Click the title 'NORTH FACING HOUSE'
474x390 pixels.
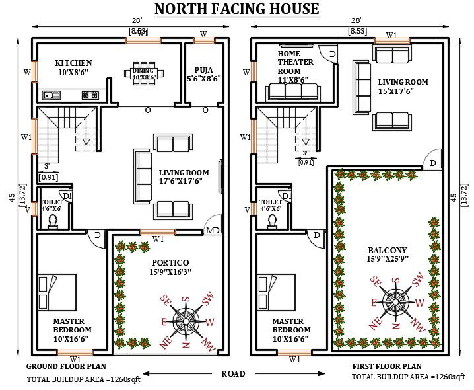tap(236, 9)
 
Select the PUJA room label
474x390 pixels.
tap(207, 73)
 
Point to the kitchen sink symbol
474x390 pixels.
tap(51, 95)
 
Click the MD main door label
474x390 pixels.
tap(213, 231)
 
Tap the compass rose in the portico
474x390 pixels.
tap(186, 322)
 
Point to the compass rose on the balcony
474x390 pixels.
tap(395, 303)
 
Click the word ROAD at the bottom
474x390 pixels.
tap(233, 374)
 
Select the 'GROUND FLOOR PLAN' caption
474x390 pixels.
tap(66, 366)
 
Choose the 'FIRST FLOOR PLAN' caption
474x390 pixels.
tap(388, 366)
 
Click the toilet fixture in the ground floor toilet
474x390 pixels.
tap(53, 221)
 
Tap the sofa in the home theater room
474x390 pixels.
tap(292, 92)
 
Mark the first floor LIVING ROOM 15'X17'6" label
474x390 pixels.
tap(403, 87)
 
